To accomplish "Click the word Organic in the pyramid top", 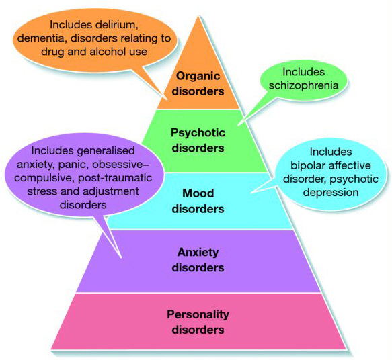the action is [198, 77].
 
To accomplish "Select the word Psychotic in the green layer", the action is [198, 133].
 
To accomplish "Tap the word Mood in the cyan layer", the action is [198, 193].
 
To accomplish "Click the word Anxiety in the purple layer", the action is [198, 253].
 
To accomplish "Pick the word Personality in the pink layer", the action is [198, 314].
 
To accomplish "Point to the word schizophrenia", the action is [303, 85].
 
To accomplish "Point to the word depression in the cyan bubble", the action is [331, 193].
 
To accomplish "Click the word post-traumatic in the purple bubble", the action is [115, 178].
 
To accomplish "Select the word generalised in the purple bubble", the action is [106, 151].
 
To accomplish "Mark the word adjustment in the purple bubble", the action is [110, 191].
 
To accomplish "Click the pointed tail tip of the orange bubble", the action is [167, 99].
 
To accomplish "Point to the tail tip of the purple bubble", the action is [122, 258].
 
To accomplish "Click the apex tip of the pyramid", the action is [199, 16].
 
